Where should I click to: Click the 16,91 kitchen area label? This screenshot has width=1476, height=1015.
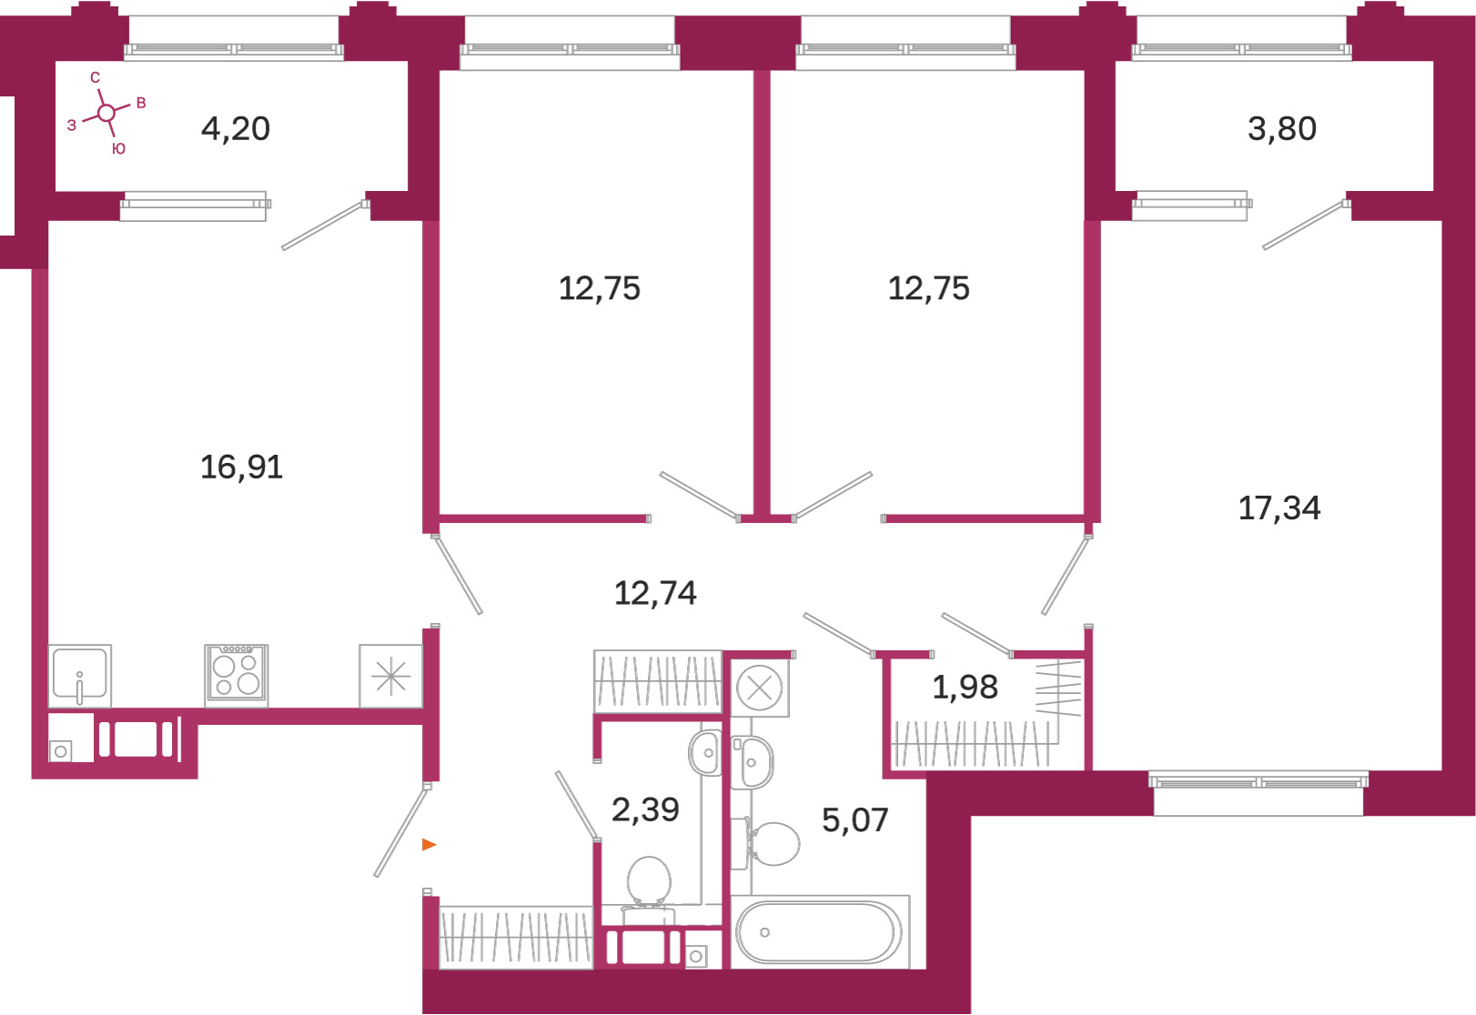pos(242,467)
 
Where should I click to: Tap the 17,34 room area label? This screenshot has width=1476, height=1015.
pos(1279,507)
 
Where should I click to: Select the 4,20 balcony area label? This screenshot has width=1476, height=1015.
pos(236,128)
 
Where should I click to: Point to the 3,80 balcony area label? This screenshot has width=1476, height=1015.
pos(1282,128)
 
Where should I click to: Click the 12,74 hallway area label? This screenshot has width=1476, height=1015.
pos(655,593)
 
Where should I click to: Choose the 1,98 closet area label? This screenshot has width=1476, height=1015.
pos(965,687)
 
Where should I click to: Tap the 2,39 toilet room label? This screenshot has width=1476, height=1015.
pos(645,809)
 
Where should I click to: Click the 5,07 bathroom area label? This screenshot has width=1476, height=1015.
pos(855,820)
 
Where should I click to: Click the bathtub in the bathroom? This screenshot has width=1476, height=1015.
pos(820,932)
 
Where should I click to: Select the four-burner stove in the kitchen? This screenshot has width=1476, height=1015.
pos(236,676)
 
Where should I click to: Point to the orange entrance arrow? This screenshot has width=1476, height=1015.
pos(429,844)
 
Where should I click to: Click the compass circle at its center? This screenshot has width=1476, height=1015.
pos(106,114)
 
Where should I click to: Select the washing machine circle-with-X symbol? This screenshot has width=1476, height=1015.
pos(759,688)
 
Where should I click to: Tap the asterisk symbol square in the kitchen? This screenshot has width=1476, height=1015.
pos(390,676)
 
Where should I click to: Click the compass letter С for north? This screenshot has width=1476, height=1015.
pos(95,77)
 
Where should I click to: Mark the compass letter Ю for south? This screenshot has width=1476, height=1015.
pos(118,149)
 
